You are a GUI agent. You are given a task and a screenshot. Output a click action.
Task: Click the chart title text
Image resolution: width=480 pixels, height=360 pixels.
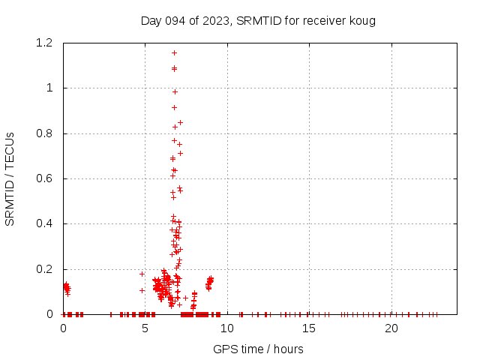[258, 20]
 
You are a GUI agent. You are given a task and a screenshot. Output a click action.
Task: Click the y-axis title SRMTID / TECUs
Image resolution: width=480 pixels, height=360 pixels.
[10, 178]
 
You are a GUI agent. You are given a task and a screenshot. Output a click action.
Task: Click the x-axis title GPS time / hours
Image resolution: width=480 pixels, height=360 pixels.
[258, 349]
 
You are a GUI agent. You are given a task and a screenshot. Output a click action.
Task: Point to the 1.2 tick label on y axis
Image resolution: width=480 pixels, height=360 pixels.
[46, 43]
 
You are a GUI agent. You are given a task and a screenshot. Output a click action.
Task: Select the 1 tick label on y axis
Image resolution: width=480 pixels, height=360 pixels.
[51, 88]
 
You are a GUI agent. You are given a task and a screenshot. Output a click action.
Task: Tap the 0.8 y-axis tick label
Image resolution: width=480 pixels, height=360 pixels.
[46, 133]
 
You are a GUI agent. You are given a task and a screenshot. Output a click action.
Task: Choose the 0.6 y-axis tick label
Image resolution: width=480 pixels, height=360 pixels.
[46, 178]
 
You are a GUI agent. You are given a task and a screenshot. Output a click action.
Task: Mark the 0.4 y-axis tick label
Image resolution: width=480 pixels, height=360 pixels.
[46, 223]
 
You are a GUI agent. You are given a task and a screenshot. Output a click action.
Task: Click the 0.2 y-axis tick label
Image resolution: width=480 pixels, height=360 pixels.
[46, 269]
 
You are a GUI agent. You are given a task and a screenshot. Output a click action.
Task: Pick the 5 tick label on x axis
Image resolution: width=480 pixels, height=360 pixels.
[145, 328]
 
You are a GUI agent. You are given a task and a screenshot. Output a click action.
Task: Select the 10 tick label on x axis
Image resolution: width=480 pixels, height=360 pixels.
[227, 328]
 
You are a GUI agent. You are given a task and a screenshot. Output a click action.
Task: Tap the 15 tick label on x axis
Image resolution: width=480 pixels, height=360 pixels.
[309, 328]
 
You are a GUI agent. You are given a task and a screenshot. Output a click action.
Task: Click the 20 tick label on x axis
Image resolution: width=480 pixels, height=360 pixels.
[391, 328]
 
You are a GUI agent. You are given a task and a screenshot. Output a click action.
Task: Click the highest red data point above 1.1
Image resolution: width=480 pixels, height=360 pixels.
[175, 52]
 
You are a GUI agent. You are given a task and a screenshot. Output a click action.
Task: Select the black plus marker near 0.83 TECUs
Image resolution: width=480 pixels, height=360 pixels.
[175, 127]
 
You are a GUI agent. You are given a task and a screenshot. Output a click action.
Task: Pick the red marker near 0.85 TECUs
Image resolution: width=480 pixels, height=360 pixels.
[180, 122]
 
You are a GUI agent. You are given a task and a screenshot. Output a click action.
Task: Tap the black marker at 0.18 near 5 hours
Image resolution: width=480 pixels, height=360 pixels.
[142, 274]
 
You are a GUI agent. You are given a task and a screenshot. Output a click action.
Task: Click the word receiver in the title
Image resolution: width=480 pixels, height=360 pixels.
[325, 20]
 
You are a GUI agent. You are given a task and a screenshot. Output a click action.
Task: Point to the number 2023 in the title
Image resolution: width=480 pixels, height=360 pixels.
[218, 20]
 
